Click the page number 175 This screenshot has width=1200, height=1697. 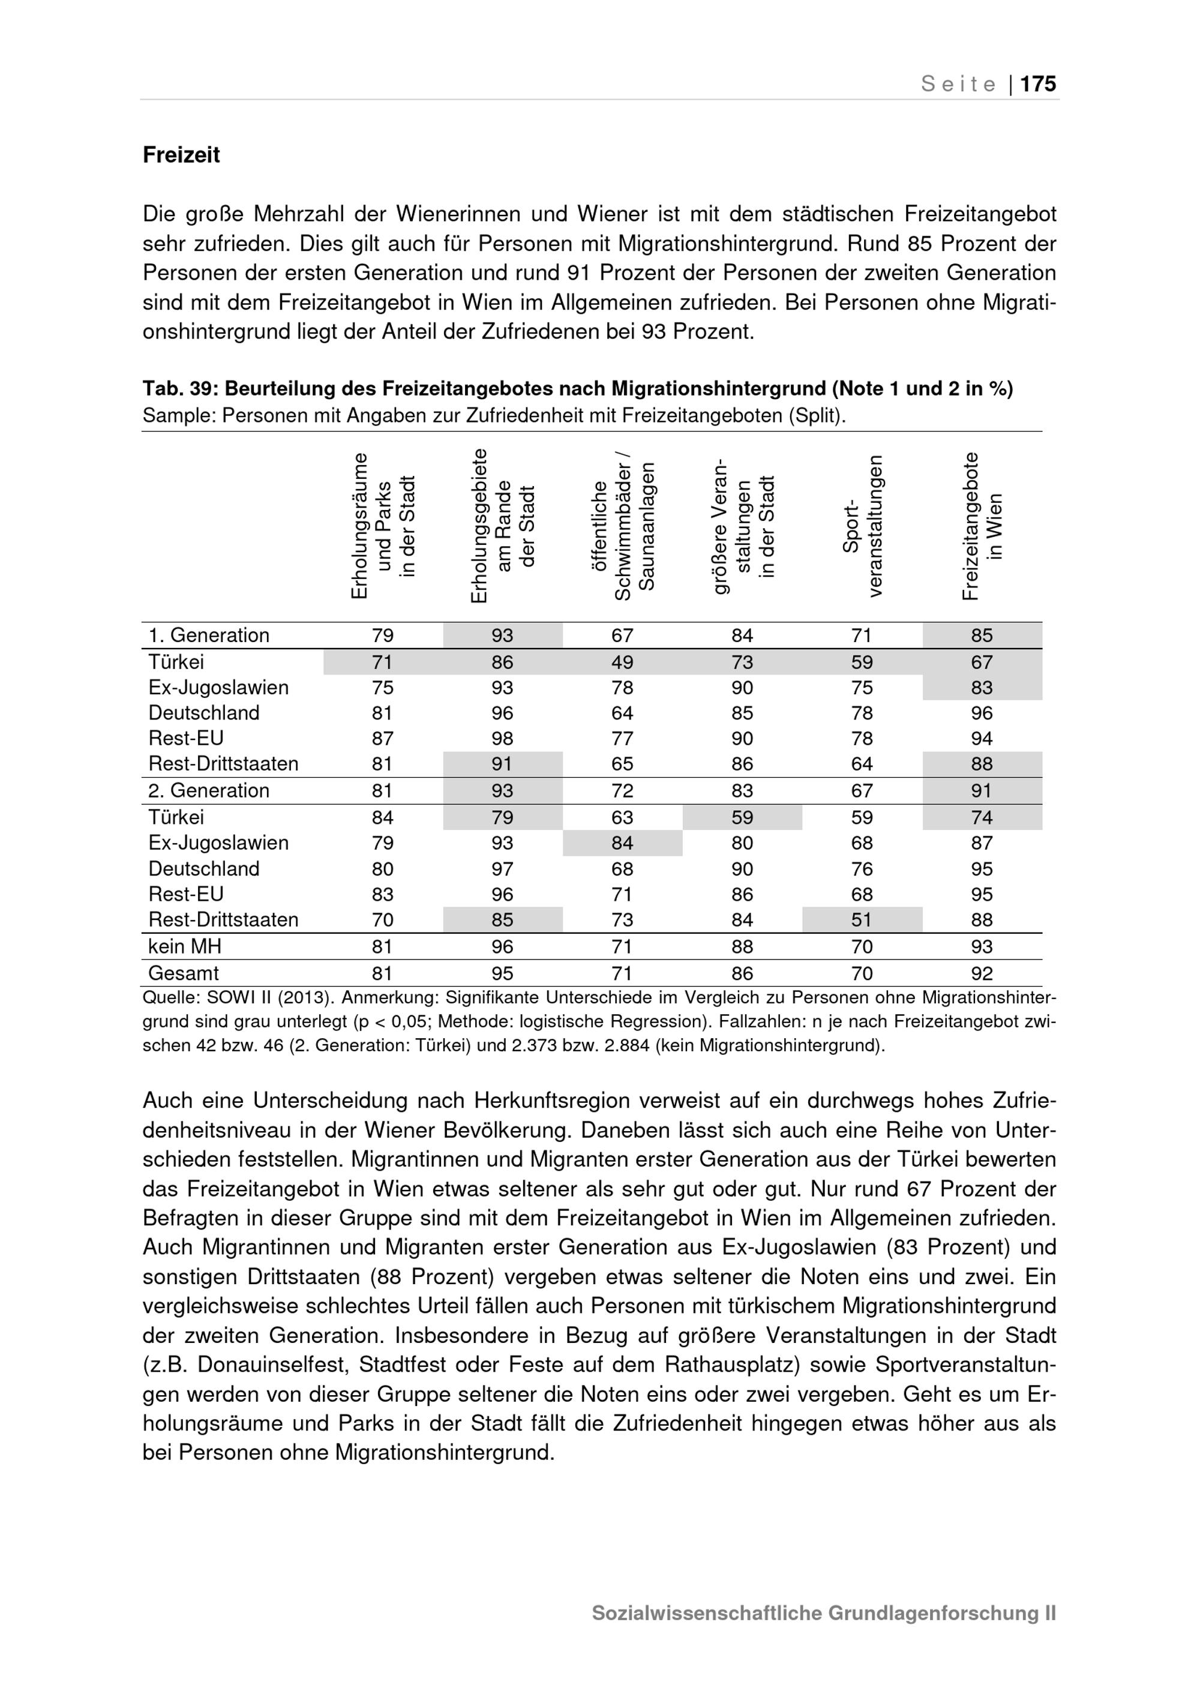(1038, 84)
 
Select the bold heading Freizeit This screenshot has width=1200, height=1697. (181, 155)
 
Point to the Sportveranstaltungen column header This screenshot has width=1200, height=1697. (862, 526)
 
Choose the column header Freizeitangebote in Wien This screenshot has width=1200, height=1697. (982, 526)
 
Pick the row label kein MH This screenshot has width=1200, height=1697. (185, 947)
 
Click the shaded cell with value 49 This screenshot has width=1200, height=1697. (622, 662)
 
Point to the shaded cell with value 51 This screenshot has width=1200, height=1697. (862, 920)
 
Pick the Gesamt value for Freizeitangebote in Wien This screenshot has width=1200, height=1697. (982, 973)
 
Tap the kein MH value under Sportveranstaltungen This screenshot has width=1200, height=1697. (862, 947)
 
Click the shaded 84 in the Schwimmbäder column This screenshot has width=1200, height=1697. (622, 843)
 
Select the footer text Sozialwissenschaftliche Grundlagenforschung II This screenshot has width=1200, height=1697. (823, 1613)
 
